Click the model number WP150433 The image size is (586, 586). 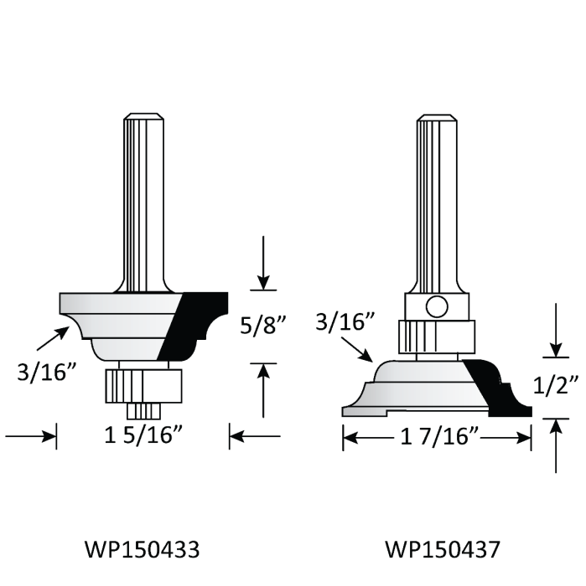[142, 550]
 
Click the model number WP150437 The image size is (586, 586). [443, 550]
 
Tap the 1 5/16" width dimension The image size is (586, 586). [142, 436]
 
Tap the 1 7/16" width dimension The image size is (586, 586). [437, 436]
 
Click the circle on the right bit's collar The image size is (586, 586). [436, 306]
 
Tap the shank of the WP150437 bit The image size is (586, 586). [437, 201]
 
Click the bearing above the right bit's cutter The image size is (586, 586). [436, 337]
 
